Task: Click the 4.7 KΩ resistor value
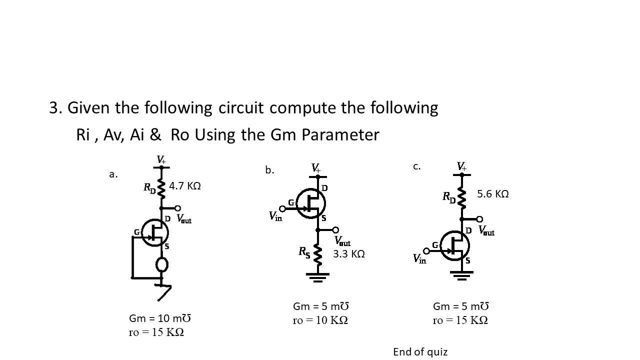pos(185,186)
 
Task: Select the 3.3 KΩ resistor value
pos(349,253)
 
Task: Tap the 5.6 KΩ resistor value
pos(493,194)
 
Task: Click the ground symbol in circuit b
pos(317,277)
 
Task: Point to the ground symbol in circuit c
pos(461,275)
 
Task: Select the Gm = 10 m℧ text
pos(159,318)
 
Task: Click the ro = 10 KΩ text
pos(320,320)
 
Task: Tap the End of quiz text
pos(420,352)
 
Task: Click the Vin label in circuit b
pos(275,216)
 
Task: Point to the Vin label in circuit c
pos(419,259)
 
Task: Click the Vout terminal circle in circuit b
pos(335,230)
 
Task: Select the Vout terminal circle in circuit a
pos(177,208)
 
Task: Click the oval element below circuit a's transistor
pos(161,264)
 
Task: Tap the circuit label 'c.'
pos(417,166)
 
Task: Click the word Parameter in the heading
pos(340,135)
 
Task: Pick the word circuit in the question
pos(241,107)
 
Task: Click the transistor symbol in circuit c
pos(455,246)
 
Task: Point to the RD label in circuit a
pos(149,188)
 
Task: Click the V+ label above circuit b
pos(315,167)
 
